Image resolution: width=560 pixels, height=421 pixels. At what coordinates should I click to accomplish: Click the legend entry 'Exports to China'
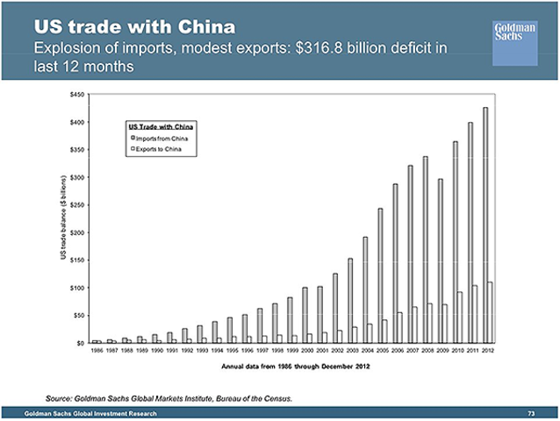(158, 150)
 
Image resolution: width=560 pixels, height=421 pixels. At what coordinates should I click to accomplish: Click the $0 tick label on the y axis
(80, 343)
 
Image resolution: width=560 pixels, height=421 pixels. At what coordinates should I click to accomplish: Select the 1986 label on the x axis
(97, 351)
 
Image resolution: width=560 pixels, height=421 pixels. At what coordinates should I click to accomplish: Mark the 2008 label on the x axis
(429, 351)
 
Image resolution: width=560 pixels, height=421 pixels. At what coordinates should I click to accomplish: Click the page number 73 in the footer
(531, 412)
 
